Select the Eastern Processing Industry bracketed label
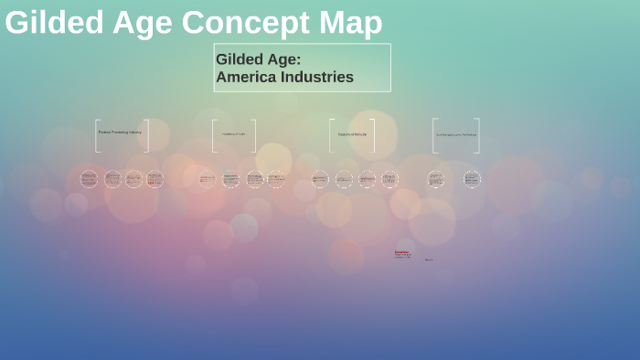click(120, 132)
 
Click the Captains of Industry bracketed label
click(352, 134)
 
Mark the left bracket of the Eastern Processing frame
click(96, 135)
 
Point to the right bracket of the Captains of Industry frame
click(373, 135)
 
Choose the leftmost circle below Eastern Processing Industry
click(89, 179)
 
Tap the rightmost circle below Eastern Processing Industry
click(155, 179)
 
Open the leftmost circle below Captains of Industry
click(320, 179)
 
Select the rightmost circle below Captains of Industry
click(389, 179)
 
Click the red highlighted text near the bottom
click(401, 251)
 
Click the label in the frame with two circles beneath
click(455, 135)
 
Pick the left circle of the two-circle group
click(436, 179)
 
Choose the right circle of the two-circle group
click(472, 179)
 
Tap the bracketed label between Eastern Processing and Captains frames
click(234, 134)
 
